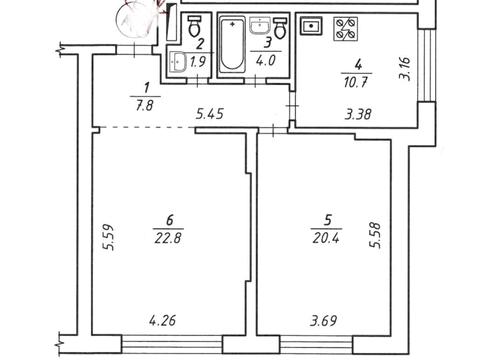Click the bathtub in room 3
232,45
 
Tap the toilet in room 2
194,26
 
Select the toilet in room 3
280,28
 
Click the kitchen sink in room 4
312,26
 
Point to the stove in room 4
346,29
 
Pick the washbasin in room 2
178,62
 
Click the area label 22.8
168,238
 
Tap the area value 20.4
326,238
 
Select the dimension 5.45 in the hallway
210,114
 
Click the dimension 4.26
162,321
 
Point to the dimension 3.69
323,321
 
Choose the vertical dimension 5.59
109,237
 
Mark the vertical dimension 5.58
374,235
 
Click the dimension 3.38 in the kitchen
358,114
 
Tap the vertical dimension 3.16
404,69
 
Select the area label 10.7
356,82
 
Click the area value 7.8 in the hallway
144,106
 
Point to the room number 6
169,220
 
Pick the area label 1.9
197,62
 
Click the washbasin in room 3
260,26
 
